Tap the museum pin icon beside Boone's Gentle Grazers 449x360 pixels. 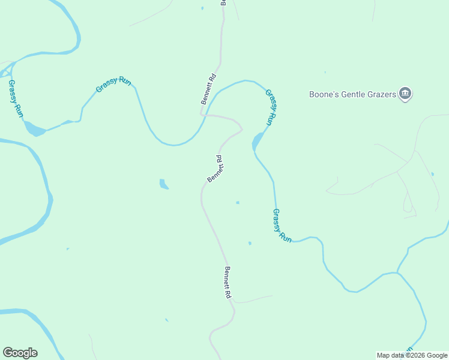point(405,94)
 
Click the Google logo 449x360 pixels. point(20,352)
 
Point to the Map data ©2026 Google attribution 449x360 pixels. point(412,355)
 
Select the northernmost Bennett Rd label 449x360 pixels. point(208,89)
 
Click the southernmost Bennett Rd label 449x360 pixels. point(228,283)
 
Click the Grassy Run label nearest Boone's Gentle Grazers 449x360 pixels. point(271,106)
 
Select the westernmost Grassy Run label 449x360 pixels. point(16,99)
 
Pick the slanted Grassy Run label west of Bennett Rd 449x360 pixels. point(113,85)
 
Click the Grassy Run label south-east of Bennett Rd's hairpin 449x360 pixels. point(282,225)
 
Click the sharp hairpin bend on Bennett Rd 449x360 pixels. point(241,128)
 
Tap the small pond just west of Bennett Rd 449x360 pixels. point(163,184)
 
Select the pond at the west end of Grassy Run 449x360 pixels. point(34,129)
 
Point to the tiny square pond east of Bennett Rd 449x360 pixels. point(238,203)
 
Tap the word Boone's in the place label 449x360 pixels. point(325,94)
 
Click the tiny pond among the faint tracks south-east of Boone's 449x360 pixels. point(432,174)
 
